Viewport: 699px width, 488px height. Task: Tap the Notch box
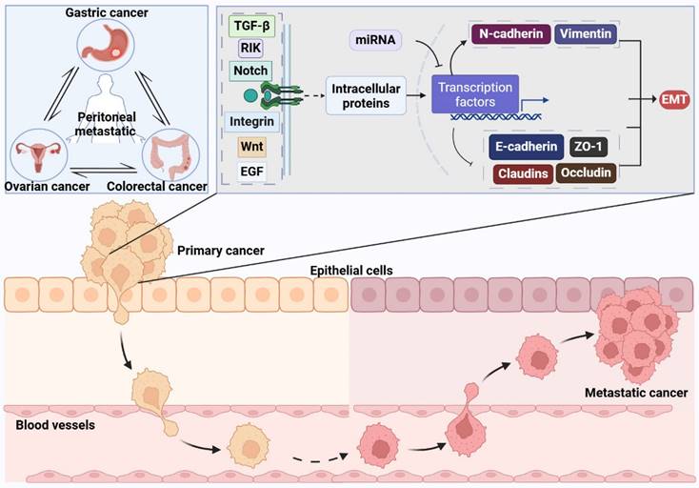pos(250,71)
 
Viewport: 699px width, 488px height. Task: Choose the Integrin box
pos(252,122)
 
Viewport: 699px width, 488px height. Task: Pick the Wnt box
pos(250,149)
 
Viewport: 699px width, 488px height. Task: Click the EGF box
pos(250,173)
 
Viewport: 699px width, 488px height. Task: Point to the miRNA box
pos(373,40)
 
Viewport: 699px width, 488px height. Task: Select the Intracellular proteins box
pos(366,95)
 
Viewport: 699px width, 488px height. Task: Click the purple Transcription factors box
pos(474,93)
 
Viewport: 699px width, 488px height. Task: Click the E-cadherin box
pos(527,147)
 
